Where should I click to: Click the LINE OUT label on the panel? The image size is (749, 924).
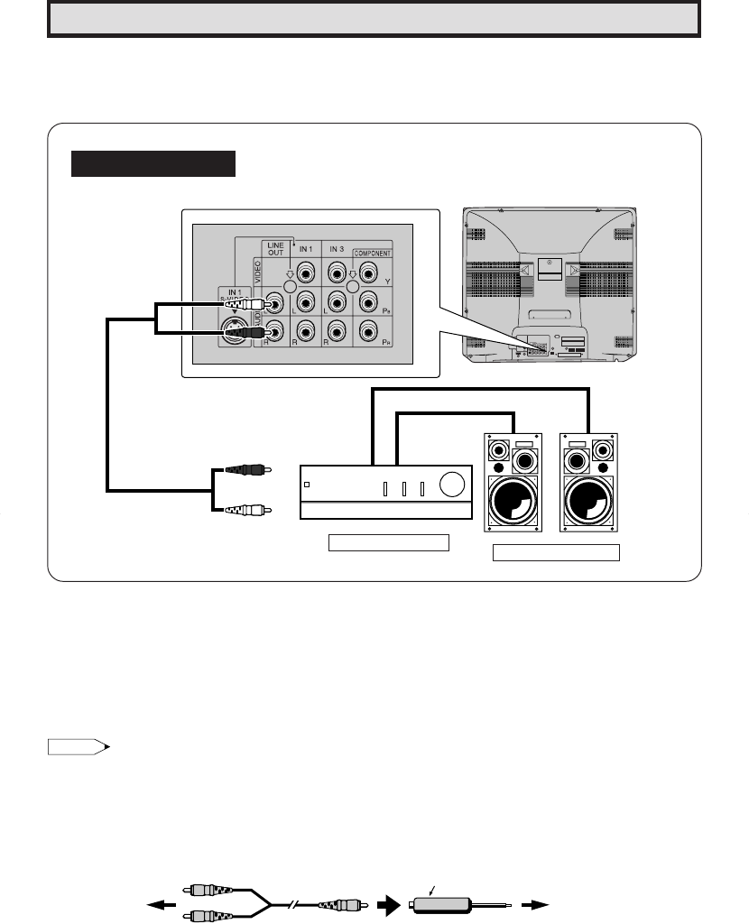click(275, 248)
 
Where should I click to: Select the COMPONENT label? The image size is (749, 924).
click(371, 254)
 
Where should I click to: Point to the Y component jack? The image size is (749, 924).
click(367, 271)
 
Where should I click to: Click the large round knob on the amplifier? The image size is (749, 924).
click(453, 486)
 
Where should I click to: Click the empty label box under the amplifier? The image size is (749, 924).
click(389, 542)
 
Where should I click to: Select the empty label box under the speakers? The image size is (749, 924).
click(556, 553)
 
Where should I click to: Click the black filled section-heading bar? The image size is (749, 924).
click(153, 164)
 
